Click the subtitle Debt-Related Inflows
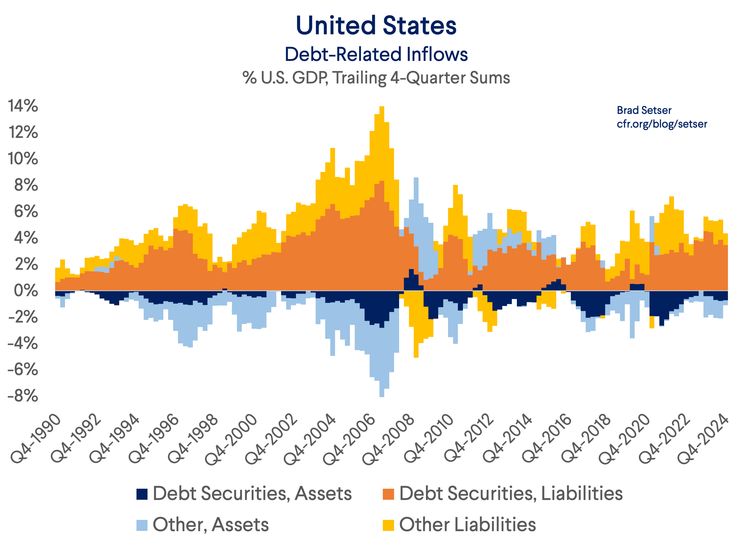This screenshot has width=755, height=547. pyautogui.click(x=376, y=54)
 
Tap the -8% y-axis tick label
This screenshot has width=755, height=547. pyautogui.click(x=23, y=396)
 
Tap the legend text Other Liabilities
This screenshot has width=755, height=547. pyautogui.click(x=467, y=525)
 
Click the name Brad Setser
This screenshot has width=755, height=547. pyautogui.click(x=644, y=110)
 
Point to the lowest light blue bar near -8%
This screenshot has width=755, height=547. pyautogui.click(x=382, y=395)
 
